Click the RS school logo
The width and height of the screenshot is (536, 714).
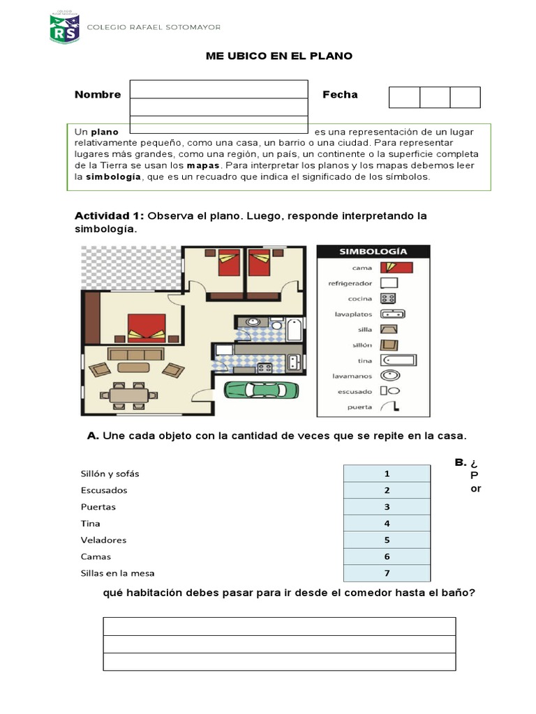(64, 28)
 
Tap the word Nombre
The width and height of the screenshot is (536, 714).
(98, 95)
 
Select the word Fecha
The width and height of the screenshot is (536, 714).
(340, 95)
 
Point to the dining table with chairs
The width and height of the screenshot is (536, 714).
(129, 395)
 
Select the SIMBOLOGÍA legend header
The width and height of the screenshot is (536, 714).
(373, 252)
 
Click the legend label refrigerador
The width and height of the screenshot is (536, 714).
(350, 284)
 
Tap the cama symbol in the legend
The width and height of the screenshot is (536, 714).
(396, 268)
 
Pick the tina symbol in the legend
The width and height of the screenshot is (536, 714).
(398, 360)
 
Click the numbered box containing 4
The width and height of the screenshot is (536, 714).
(387, 523)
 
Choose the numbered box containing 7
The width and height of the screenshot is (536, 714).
(387, 573)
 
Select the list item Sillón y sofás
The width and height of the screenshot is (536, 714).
(110, 473)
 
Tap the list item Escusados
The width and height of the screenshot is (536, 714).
(103, 490)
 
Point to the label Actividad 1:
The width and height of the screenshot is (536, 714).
(110, 216)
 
